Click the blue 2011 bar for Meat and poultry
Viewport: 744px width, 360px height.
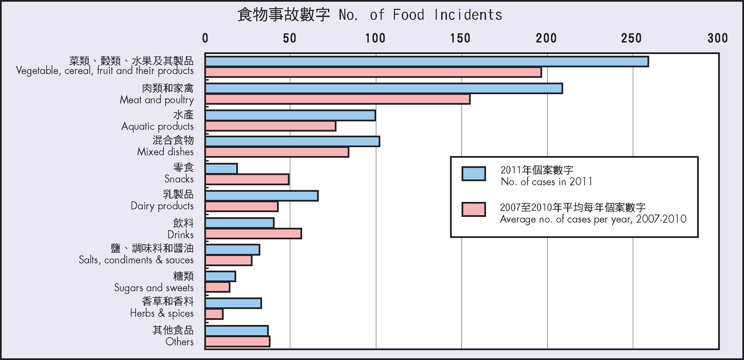383,88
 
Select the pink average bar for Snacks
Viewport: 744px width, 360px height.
247,179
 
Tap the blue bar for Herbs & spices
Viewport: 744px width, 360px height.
233,303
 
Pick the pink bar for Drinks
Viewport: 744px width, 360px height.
253,234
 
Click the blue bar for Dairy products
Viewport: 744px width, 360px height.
261,196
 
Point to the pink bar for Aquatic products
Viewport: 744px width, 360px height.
270,126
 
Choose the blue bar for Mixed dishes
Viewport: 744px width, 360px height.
292,141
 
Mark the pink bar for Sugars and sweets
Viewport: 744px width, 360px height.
217,287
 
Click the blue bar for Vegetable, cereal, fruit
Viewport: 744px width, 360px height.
427,62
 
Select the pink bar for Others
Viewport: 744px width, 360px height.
237,342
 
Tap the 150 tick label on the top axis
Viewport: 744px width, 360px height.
461,38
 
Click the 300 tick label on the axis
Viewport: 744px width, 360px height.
717,38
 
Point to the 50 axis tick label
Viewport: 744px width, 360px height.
290,38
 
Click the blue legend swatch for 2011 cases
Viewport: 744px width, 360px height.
473,174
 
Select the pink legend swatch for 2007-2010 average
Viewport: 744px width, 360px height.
473,209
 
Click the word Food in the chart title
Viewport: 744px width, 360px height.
409,15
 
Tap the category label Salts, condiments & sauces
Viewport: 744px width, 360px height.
136,260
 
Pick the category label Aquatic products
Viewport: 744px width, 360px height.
158,126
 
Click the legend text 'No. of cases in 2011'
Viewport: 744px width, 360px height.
547,182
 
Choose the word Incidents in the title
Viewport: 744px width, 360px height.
468,15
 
